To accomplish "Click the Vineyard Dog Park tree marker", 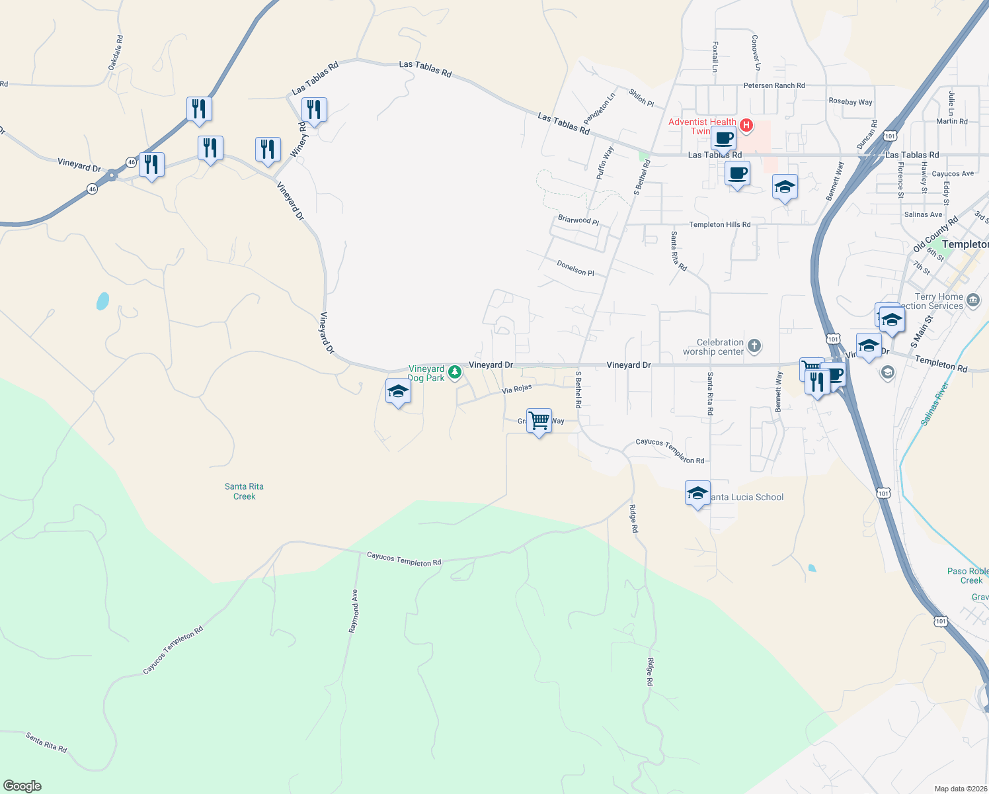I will pyautogui.click(x=454, y=373).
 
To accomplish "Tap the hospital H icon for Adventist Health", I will pyautogui.click(x=746, y=125).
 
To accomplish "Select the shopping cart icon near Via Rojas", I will pyautogui.click(x=539, y=420).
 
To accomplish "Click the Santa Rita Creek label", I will pyautogui.click(x=244, y=491).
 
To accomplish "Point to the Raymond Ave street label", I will pyautogui.click(x=354, y=611).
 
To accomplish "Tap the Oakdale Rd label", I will pyautogui.click(x=115, y=53).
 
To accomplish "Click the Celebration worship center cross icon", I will pyautogui.click(x=754, y=345).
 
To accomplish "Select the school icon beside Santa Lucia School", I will pyautogui.click(x=697, y=494).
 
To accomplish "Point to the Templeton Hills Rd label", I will pyautogui.click(x=719, y=224).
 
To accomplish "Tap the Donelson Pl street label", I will pyautogui.click(x=575, y=268).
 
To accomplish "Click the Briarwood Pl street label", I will pyautogui.click(x=578, y=220).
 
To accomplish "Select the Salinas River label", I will pyautogui.click(x=935, y=403).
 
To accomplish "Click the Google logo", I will pyautogui.click(x=22, y=786).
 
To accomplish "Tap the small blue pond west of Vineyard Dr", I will pyautogui.click(x=102, y=301).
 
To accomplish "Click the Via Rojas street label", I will pyautogui.click(x=516, y=389).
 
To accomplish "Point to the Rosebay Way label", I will pyautogui.click(x=850, y=102).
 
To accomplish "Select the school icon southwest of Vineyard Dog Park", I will pyautogui.click(x=398, y=392).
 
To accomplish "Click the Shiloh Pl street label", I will pyautogui.click(x=641, y=98).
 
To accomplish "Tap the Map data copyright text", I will pyautogui.click(x=961, y=789).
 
